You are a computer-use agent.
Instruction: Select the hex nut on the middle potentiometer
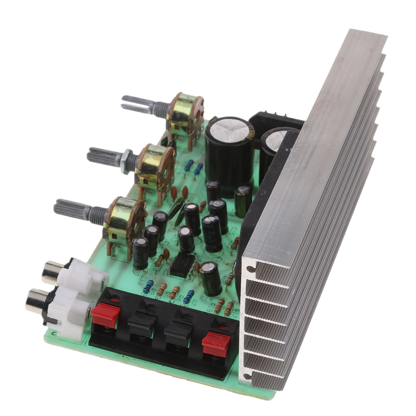click(x=127, y=159)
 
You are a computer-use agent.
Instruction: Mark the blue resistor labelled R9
click(x=148, y=286)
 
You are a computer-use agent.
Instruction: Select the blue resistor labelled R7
click(x=188, y=297)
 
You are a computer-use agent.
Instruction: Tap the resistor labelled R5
click(x=162, y=289)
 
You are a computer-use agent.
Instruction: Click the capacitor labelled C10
click(x=141, y=253)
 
